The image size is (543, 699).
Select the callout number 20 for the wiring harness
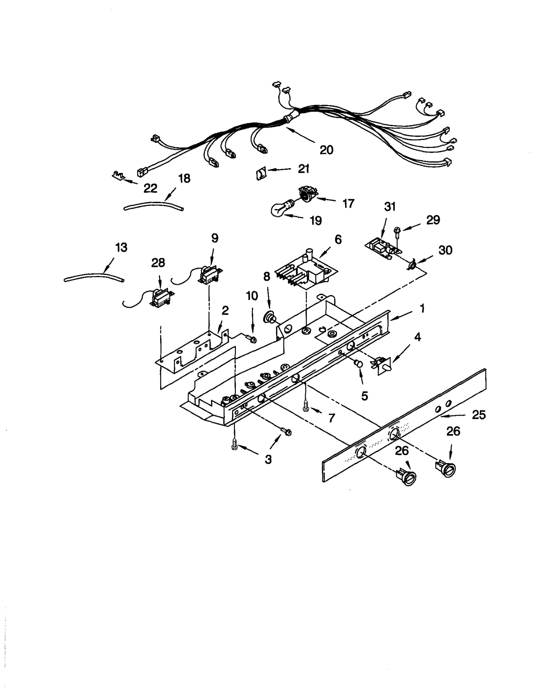click(326, 150)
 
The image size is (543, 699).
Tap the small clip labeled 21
click(260, 175)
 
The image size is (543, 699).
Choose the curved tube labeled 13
click(93, 277)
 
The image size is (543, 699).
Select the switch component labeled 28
click(161, 298)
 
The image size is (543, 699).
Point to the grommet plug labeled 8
click(270, 318)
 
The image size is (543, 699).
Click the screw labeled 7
click(306, 406)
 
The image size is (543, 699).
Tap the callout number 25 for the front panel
click(479, 415)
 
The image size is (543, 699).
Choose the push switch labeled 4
click(383, 365)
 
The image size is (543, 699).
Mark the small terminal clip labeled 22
click(118, 176)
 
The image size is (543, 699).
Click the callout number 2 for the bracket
click(225, 310)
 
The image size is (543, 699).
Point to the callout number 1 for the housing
click(422, 309)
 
